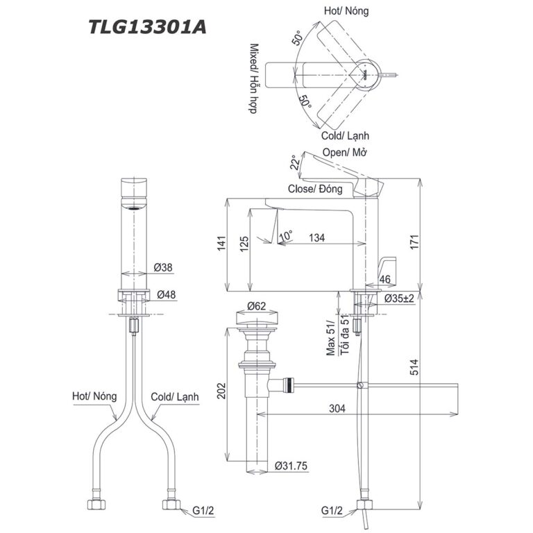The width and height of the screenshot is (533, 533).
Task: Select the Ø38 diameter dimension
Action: [164, 266]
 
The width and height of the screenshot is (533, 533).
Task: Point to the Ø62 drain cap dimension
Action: [257, 306]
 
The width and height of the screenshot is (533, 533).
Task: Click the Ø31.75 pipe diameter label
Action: [292, 466]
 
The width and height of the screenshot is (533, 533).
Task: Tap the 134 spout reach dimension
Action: [316, 238]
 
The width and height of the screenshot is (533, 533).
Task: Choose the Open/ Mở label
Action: [345, 153]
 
